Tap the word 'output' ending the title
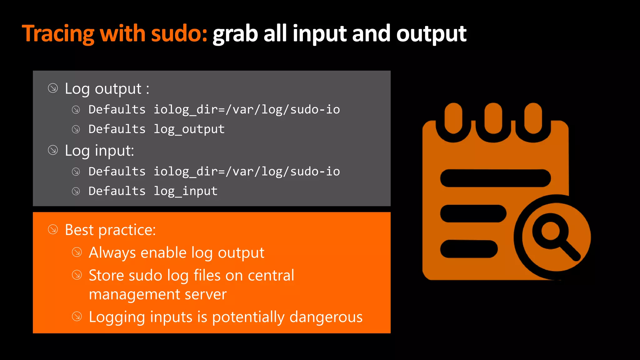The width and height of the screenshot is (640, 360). click(x=431, y=34)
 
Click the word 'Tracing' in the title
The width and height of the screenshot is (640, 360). click(x=58, y=34)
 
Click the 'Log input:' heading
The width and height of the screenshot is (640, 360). click(x=99, y=151)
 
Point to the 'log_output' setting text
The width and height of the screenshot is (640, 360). click(x=189, y=129)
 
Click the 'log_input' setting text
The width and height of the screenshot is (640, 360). click(x=185, y=191)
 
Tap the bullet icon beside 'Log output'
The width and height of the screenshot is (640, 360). click(x=53, y=88)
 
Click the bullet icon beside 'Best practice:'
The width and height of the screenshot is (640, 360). click(x=53, y=230)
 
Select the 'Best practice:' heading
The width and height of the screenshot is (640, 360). click(x=110, y=230)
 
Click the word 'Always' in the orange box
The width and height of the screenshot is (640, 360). click(x=112, y=252)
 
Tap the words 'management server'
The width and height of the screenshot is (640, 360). click(x=157, y=294)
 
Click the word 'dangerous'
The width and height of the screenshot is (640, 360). click(x=326, y=317)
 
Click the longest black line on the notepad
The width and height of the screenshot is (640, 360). click(x=495, y=178)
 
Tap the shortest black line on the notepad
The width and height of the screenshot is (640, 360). click(x=469, y=249)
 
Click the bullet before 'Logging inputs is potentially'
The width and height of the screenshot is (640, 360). click(x=77, y=317)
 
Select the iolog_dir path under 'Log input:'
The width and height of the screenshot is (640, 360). click(x=247, y=172)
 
